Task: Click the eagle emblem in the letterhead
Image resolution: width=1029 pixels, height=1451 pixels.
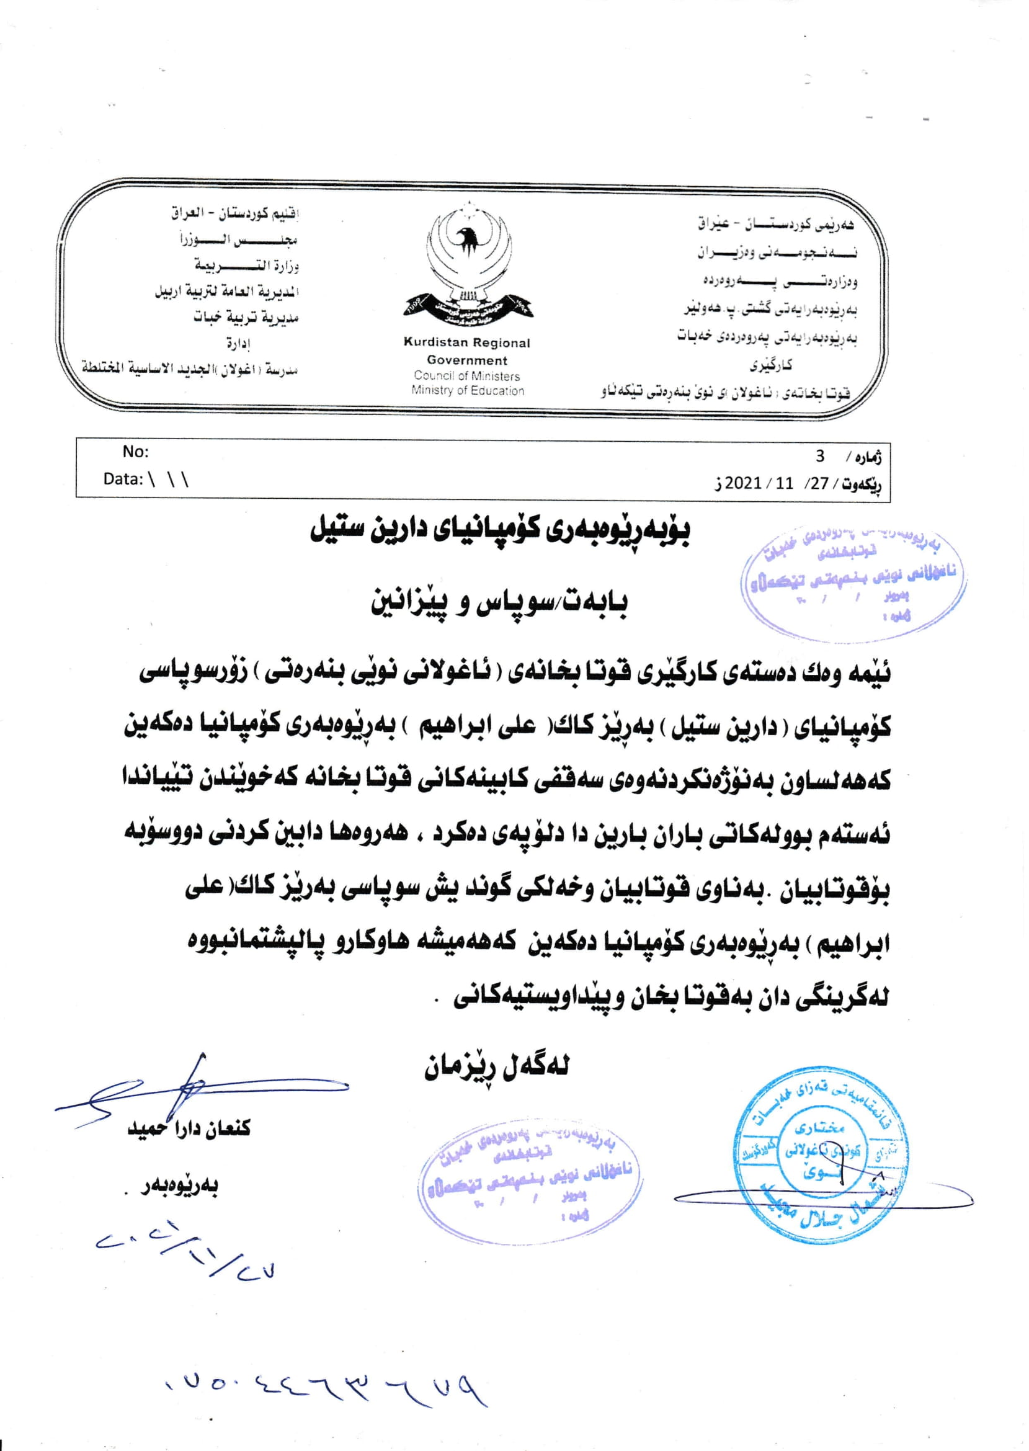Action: coord(468,265)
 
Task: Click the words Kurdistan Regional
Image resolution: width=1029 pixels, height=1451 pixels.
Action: coord(467,343)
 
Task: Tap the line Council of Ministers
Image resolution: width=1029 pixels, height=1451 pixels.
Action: coord(467,376)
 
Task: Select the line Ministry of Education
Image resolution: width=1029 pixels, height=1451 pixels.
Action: coord(468,390)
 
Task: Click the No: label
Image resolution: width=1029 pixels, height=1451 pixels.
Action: coord(135,452)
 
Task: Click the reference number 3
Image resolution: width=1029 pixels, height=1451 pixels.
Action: coord(820,456)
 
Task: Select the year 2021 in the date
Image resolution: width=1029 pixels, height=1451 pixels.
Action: coord(743,483)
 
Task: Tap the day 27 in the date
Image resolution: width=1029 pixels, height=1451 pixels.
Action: coord(820,483)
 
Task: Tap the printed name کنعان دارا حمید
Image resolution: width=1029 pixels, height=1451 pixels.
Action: coord(189,1128)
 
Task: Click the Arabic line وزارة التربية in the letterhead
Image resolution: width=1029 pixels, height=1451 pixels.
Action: coord(247,266)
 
